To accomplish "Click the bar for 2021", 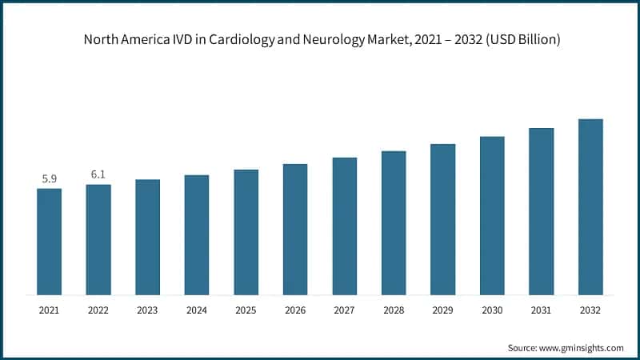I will coord(49,242).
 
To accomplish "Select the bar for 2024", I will coord(197,234).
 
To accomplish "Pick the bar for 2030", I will coord(492,215).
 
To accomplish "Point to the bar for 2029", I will coord(442,219).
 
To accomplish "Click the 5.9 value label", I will coord(50,178).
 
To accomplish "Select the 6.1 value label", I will coord(98,174).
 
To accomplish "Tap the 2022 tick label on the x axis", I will coord(98,309).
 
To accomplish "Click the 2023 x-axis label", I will coord(148,309).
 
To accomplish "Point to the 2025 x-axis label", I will coord(246,309).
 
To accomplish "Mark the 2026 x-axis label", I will coord(295,309).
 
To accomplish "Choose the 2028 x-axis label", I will coord(394,309).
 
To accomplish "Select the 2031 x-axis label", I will coord(542,309).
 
